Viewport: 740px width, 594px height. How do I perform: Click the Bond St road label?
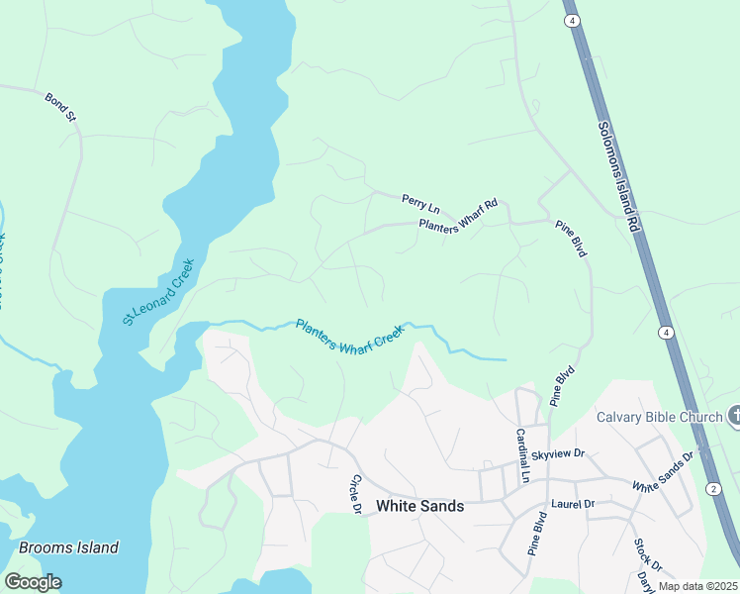60,107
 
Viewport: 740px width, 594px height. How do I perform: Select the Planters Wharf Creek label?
350,338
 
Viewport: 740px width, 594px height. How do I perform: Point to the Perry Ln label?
420,204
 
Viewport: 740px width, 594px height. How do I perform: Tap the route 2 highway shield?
713,489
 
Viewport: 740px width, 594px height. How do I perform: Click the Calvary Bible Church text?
659,417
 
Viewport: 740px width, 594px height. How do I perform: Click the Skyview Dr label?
558,454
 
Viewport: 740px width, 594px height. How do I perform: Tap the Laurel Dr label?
573,504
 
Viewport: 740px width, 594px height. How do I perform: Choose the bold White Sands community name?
419,506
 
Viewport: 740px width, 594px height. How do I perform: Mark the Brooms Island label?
69,547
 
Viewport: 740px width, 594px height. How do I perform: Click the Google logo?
33,582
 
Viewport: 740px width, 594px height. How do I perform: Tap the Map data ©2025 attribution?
697,586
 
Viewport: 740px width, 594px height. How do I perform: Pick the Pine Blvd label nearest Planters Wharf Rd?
571,239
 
